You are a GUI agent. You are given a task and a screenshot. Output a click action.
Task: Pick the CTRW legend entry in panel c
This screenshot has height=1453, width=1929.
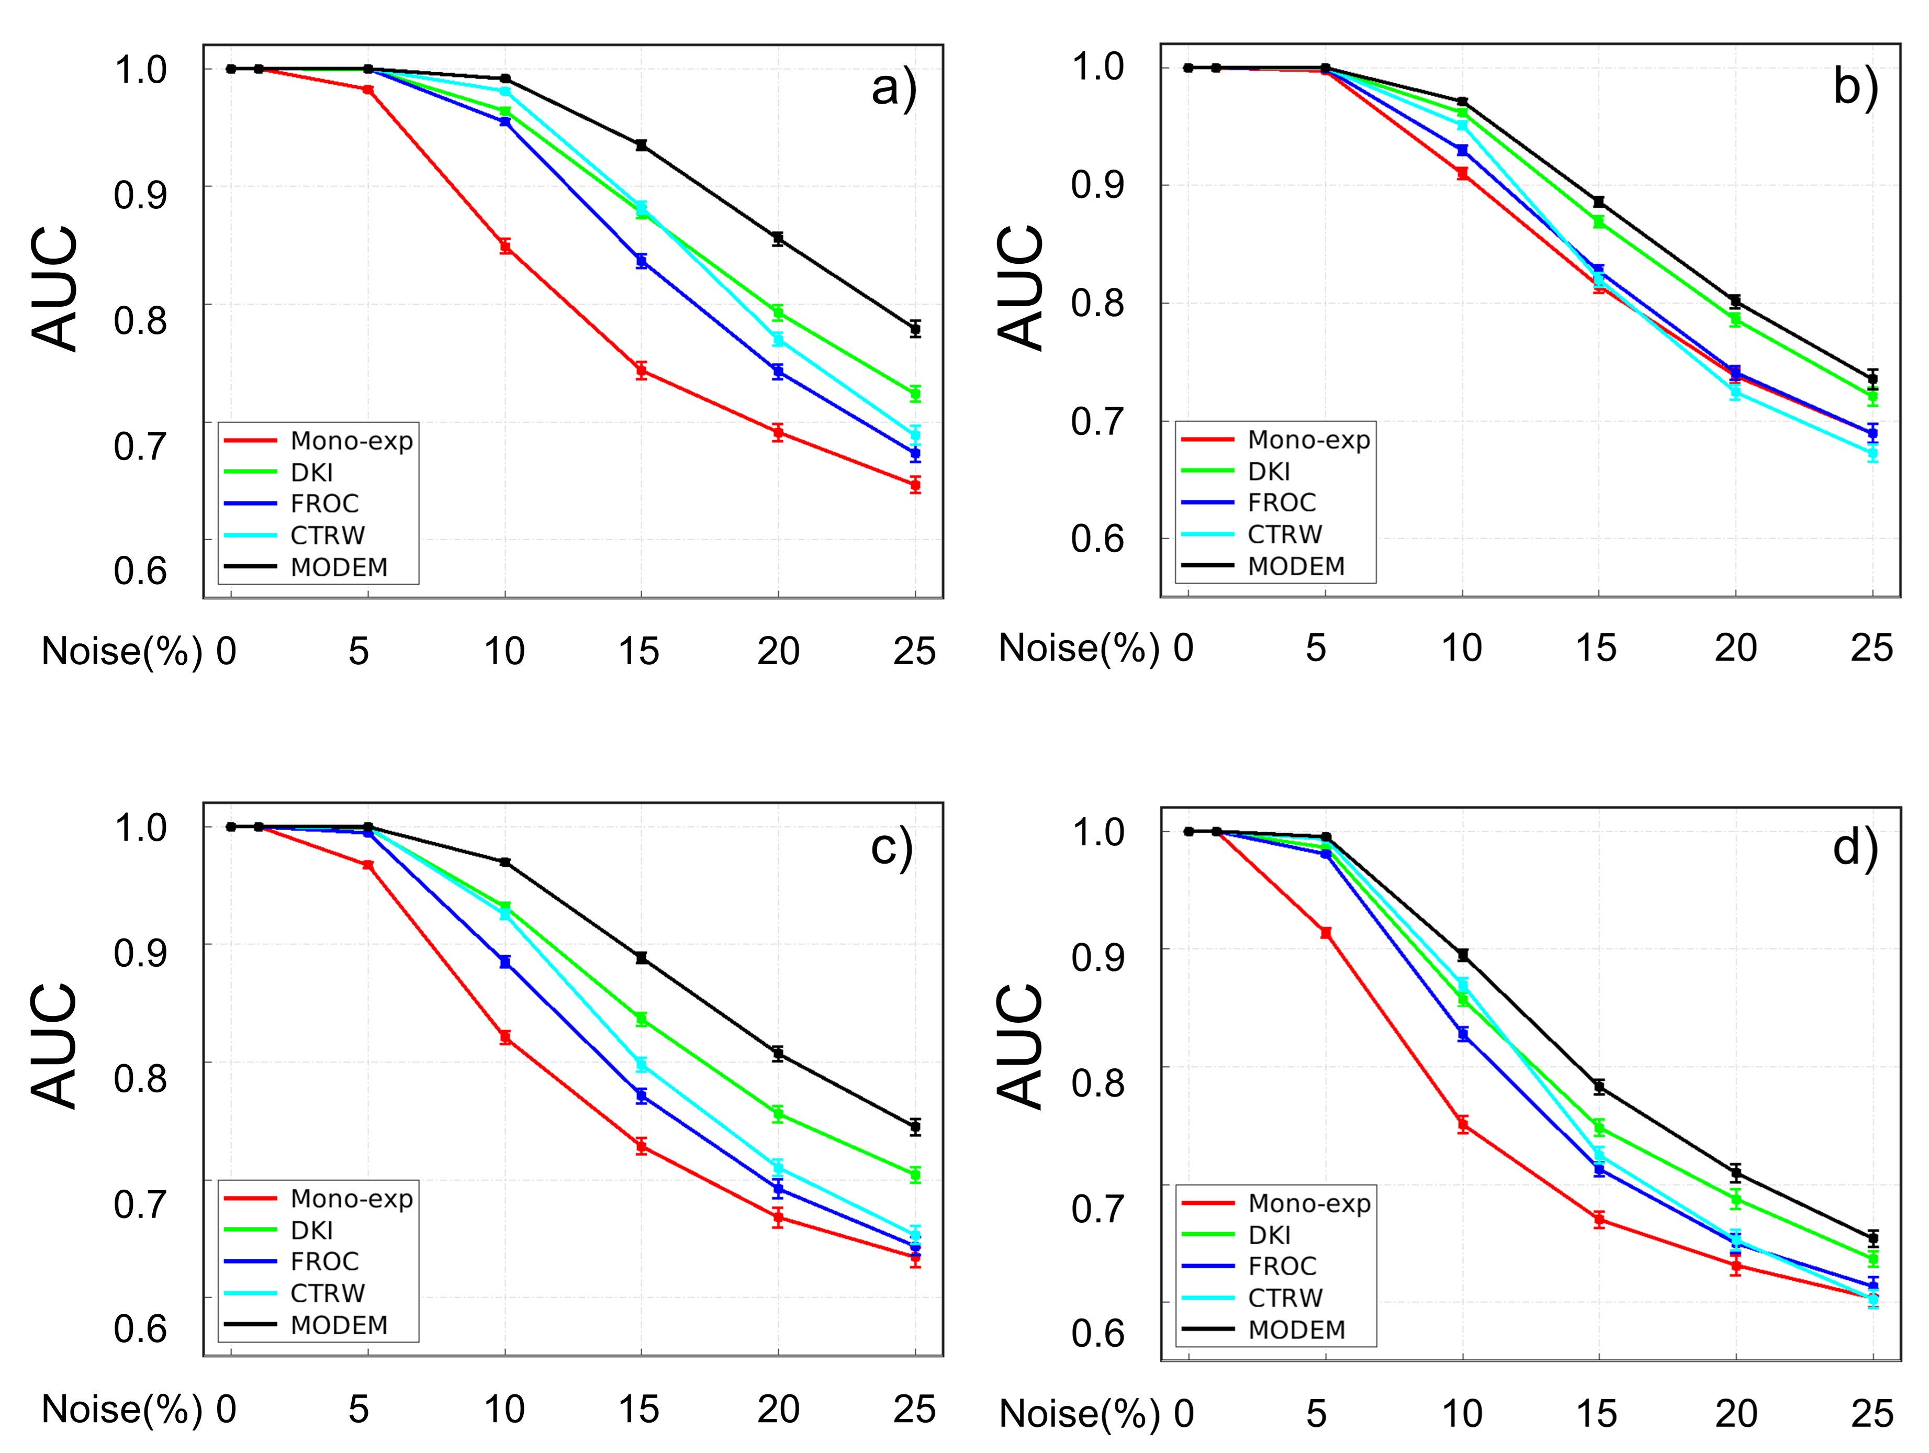(295, 1292)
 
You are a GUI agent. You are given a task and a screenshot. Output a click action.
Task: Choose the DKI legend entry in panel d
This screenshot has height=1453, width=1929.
(1238, 1235)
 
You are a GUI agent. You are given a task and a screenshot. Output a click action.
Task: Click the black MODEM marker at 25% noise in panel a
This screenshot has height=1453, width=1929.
(915, 329)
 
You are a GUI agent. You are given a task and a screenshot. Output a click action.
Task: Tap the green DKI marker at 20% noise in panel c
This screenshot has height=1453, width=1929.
(778, 1114)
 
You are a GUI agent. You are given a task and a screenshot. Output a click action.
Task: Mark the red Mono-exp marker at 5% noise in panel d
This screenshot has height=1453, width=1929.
(1326, 933)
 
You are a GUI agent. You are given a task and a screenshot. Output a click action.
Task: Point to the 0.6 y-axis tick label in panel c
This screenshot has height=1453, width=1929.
(140, 1328)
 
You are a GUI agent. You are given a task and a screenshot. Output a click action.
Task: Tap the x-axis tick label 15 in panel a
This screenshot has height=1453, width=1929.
(638, 652)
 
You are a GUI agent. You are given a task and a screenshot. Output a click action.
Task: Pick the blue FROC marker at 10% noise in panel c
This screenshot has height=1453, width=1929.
(505, 962)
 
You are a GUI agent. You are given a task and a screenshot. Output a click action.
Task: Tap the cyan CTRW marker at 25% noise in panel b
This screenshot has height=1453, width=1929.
(1872, 453)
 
